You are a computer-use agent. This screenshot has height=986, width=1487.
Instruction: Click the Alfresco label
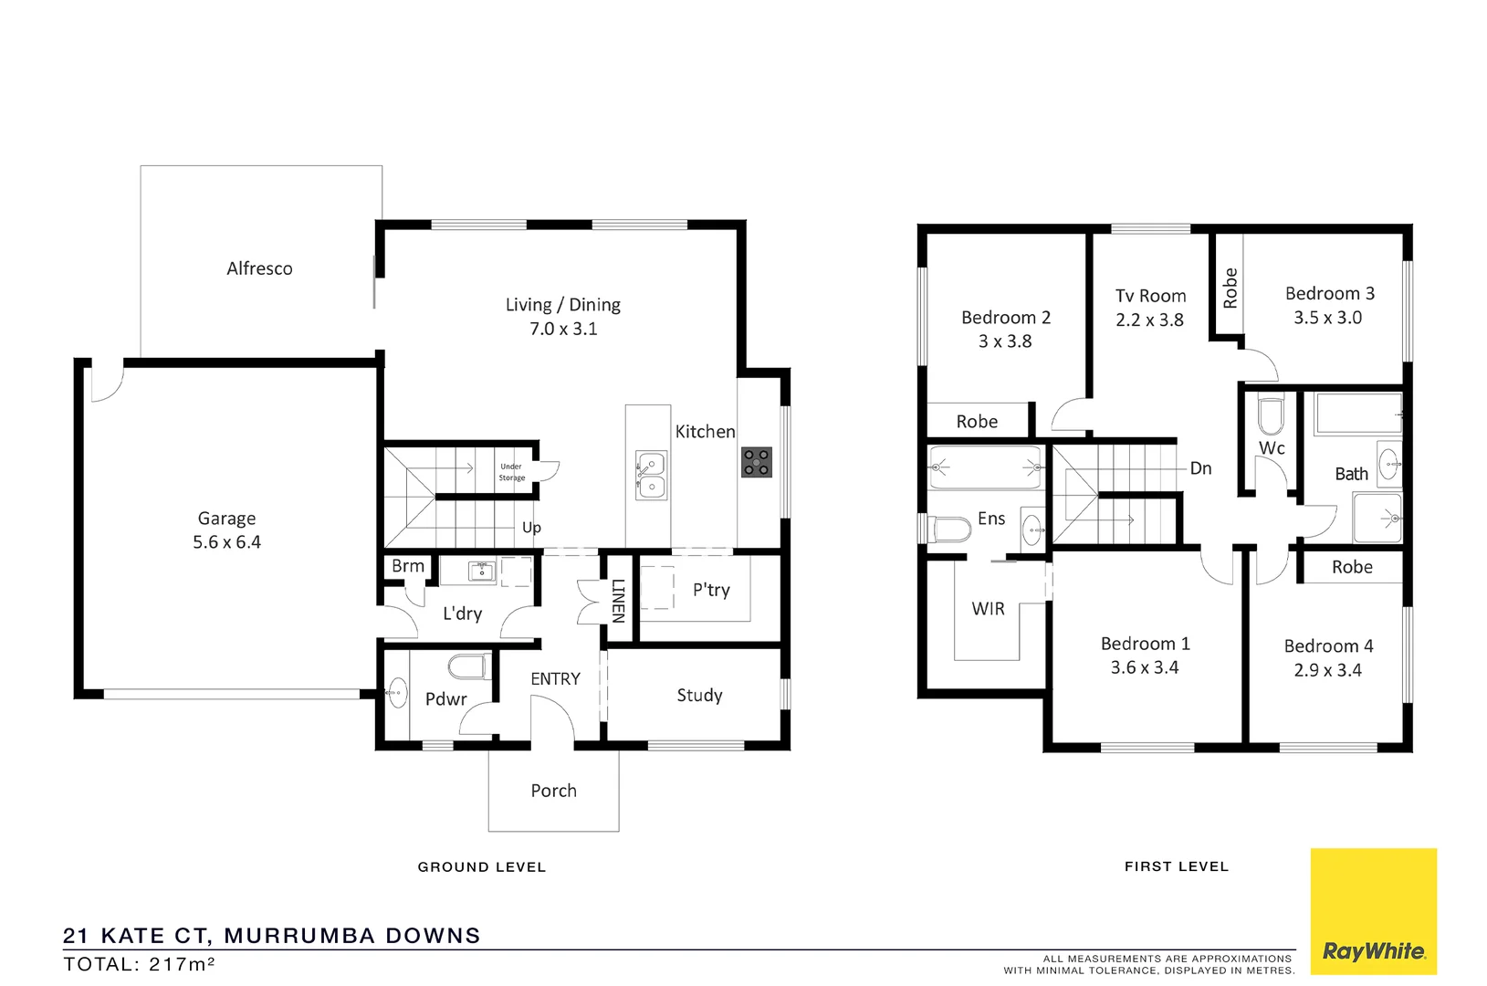click(x=259, y=268)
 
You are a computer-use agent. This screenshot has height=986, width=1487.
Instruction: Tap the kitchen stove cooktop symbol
click(x=756, y=462)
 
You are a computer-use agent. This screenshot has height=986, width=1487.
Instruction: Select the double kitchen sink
click(x=651, y=475)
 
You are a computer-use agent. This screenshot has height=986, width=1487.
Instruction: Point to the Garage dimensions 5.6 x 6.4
click(x=226, y=542)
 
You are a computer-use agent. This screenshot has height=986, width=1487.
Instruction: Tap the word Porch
click(x=553, y=791)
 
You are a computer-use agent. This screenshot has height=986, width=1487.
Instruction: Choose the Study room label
click(x=699, y=696)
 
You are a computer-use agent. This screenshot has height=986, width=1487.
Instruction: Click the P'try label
click(x=711, y=590)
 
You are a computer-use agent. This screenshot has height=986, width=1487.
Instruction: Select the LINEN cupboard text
click(x=618, y=600)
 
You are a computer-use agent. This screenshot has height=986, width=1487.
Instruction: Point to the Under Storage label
click(x=511, y=472)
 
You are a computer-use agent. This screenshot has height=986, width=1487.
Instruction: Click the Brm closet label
click(x=407, y=566)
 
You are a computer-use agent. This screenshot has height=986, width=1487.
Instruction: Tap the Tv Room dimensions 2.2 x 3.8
click(x=1149, y=320)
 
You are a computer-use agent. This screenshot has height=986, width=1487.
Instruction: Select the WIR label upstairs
click(x=988, y=609)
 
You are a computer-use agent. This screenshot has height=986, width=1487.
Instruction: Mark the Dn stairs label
click(x=1200, y=468)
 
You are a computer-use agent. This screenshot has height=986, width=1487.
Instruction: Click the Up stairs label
click(x=531, y=528)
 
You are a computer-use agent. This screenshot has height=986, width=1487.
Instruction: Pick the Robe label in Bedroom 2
click(x=977, y=422)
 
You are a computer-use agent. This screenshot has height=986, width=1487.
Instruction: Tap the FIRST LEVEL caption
click(x=1176, y=866)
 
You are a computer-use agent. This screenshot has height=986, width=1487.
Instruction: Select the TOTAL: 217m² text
click(x=139, y=964)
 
